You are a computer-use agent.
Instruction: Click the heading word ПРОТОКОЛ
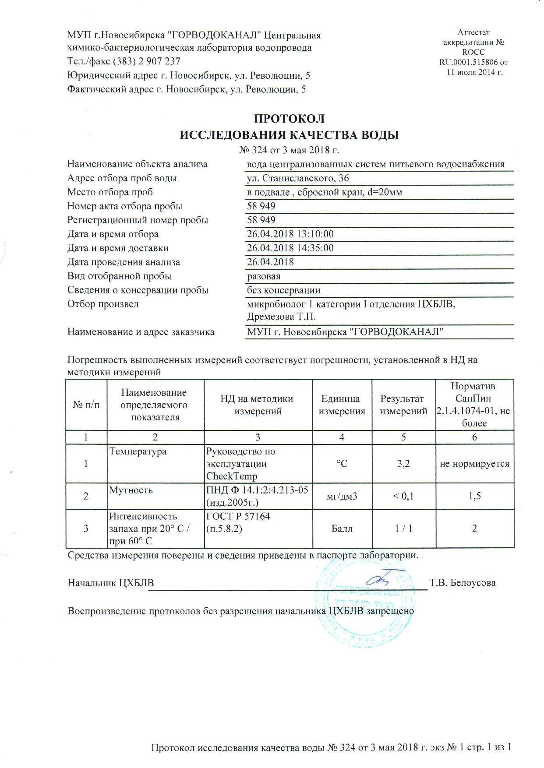(x=290, y=119)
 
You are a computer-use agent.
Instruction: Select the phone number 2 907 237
(x=159, y=61)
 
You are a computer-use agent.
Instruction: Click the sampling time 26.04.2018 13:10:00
(x=290, y=234)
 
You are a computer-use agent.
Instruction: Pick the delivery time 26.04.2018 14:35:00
(x=290, y=248)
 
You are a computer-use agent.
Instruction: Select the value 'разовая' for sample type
(x=264, y=276)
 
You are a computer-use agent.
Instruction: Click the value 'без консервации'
(x=283, y=290)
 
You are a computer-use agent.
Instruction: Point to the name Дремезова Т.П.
(x=281, y=316)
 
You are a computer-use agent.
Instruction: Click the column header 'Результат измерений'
(x=403, y=405)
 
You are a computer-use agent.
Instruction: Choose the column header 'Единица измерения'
(x=342, y=405)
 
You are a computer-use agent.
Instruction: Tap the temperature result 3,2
(x=403, y=463)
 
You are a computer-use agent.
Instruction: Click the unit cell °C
(x=342, y=463)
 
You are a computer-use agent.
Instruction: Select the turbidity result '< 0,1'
(x=403, y=496)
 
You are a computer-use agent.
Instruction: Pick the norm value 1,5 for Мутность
(x=474, y=496)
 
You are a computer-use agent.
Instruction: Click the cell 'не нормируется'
(x=474, y=463)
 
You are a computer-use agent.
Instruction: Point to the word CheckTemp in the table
(x=231, y=476)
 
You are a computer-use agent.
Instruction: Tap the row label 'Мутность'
(x=131, y=490)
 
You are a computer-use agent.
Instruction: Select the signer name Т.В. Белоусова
(x=463, y=583)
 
